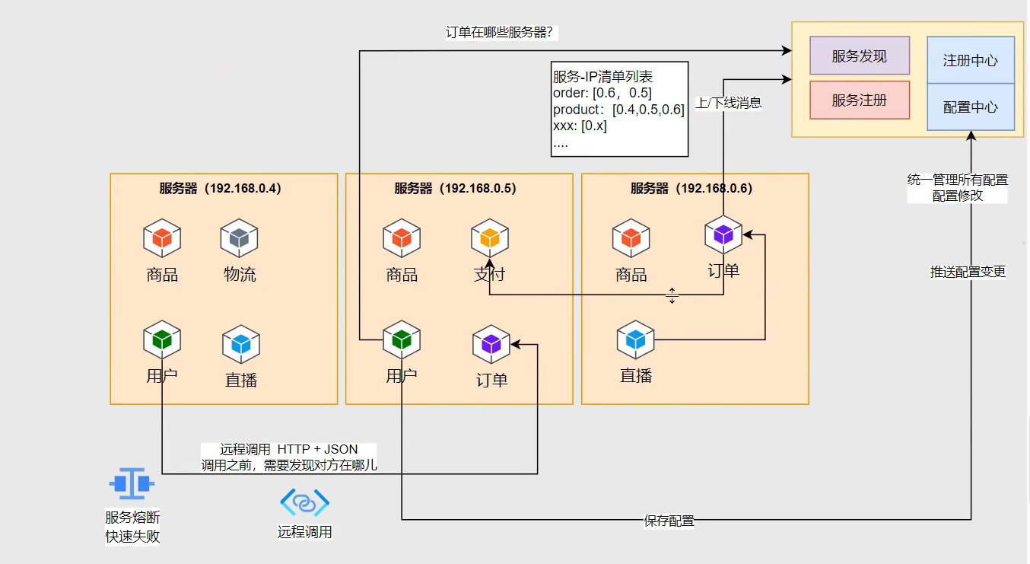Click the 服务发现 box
[860, 56]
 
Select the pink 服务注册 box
[860, 100]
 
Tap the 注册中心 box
[970, 60]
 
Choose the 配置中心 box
[970, 107]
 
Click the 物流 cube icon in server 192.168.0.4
[240, 238]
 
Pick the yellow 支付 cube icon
[490, 238]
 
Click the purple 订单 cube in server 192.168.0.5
[491, 344]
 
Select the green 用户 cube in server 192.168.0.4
[162, 339]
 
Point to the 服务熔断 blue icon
[132, 483]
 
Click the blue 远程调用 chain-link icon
[304, 503]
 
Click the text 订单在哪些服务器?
[503, 33]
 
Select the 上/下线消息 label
[728, 103]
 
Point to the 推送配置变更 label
[968, 272]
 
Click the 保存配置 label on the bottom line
[669, 521]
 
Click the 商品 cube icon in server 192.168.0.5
[402, 238]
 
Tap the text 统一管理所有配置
[958, 180]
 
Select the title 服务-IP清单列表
[602, 77]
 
